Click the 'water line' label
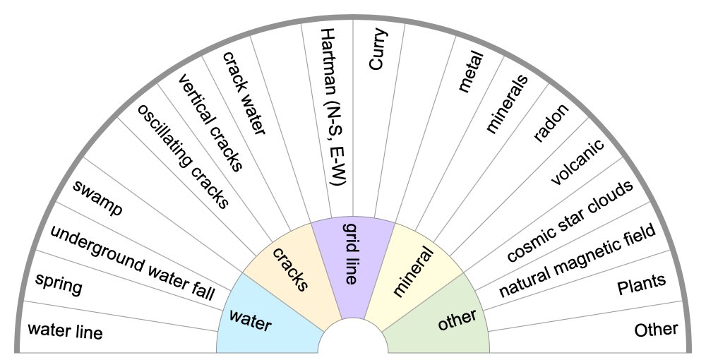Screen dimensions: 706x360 coord(65,330)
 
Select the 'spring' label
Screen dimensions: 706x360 coord(59,285)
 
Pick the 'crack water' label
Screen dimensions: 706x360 coord(244,92)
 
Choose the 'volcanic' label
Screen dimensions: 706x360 coord(578,163)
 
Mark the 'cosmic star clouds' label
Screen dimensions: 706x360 coord(570,220)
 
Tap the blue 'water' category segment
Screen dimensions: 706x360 coord(251,320)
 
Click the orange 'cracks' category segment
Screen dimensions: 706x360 coord(290,269)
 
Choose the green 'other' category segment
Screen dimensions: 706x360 coord(457,319)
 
